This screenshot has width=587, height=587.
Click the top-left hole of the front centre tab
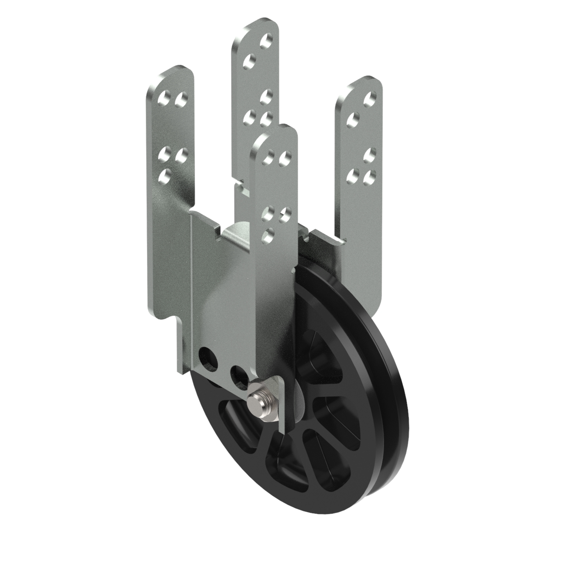click(x=268, y=156)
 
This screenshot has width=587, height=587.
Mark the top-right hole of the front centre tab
click(x=284, y=157)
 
